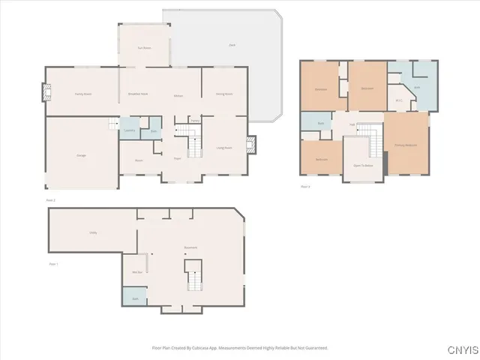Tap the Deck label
pyautogui.click(x=232, y=46)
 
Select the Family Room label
pyautogui.click(x=82, y=94)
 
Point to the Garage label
pyautogui.click(x=81, y=154)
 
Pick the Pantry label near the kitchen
pyautogui.click(x=194, y=120)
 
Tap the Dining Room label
pyautogui.click(x=224, y=94)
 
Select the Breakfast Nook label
pyautogui.click(x=138, y=94)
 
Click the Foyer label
pyautogui.click(x=178, y=158)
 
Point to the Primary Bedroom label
pyautogui.click(x=406, y=145)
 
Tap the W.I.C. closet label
pyautogui.click(x=399, y=100)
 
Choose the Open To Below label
pyautogui.click(x=363, y=165)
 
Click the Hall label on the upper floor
pyautogui.click(x=351, y=124)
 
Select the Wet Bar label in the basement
pyautogui.click(x=137, y=271)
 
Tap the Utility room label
pyautogui.click(x=94, y=232)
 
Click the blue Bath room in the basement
pyautogui.click(x=135, y=298)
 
